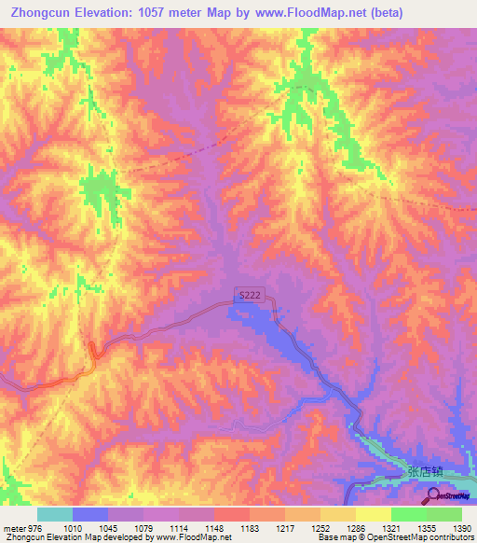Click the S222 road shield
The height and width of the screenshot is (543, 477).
point(250,295)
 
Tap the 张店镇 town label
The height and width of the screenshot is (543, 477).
point(427,472)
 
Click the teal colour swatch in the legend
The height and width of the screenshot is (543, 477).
point(54,514)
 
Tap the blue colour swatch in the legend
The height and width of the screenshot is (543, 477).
point(89,514)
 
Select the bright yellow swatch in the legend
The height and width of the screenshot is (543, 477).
point(373,514)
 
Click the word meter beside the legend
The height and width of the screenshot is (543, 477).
point(16,528)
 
